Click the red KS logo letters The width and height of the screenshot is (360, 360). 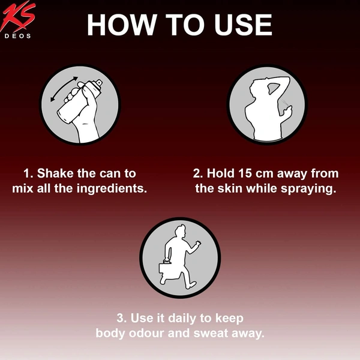[x=18, y=17]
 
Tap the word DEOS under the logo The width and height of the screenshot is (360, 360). [x=17, y=36]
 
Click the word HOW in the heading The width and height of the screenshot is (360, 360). [x=122, y=25]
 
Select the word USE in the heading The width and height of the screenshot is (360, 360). [x=243, y=25]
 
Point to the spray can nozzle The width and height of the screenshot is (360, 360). [x=100, y=82]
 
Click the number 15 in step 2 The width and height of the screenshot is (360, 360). [x=245, y=173]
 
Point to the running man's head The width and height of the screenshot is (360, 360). [x=180, y=232]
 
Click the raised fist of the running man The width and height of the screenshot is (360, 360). [x=197, y=244]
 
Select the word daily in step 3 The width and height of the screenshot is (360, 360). [x=182, y=319]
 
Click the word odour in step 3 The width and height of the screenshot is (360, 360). [x=146, y=334]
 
